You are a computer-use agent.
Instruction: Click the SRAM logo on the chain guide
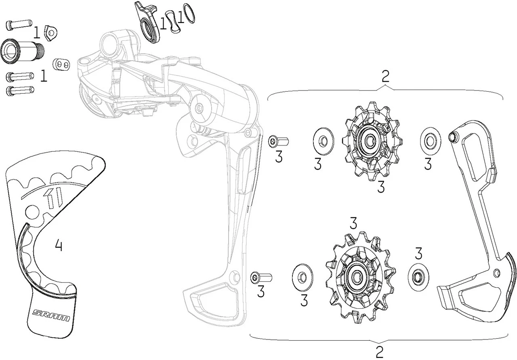tap(51, 315)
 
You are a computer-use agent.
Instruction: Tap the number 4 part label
tap(59, 245)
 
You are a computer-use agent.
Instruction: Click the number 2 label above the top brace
tap(386, 76)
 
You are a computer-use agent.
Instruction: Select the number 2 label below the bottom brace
tap(379, 351)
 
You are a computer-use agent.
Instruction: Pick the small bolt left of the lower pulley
tap(261, 278)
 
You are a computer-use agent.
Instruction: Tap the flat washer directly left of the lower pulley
tap(302, 278)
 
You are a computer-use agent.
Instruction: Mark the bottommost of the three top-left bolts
tap(19, 90)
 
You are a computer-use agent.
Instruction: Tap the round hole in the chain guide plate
tap(31, 211)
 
